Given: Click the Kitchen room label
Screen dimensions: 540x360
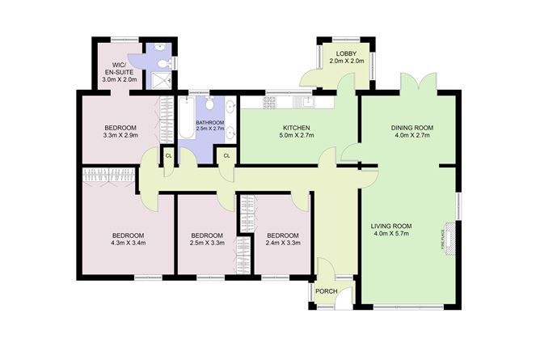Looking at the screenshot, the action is (x=297, y=131).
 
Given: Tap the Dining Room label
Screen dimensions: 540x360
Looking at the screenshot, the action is (x=412, y=131).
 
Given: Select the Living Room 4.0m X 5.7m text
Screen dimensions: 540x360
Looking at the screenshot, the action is (x=391, y=230).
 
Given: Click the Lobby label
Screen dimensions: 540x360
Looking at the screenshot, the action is (x=347, y=57).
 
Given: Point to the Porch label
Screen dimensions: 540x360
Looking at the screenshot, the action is (x=327, y=291).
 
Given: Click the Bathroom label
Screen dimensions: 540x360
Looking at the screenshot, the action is (x=210, y=125).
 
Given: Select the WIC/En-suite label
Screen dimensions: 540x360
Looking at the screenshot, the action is (x=119, y=72).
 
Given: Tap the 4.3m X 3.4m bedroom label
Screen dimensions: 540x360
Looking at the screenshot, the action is (x=128, y=239).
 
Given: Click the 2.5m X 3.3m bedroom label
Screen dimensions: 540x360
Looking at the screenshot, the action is (x=207, y=239).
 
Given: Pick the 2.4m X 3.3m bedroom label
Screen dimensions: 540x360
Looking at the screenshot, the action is (x=283, y=239).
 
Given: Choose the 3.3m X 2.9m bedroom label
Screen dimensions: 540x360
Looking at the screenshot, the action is (x=120, y=131).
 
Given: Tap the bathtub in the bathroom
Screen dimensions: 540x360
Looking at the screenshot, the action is (x=187, y=118).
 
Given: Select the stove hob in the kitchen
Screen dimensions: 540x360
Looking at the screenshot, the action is (x=270, y=102).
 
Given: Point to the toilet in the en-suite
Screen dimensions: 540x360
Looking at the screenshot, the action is (x=163, y=64).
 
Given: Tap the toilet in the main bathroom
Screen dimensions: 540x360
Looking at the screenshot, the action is (x=209, y=103).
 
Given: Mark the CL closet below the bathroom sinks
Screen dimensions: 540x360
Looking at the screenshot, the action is (x=226, y=156).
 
